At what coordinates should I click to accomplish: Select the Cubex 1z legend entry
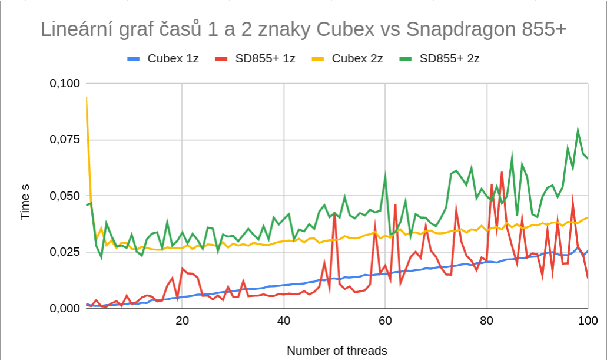(164, 58)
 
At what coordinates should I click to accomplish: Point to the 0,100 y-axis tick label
(64, 84)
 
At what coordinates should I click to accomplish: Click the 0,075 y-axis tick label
(64, 140)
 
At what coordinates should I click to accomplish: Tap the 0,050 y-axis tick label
(64, 196)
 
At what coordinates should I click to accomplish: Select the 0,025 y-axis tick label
(64, 252)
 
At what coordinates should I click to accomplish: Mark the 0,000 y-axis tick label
(64, 308)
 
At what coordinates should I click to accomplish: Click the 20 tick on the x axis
(182, 321)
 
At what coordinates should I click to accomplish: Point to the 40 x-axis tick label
(284, 321)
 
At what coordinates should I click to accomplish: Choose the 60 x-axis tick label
(385, 321)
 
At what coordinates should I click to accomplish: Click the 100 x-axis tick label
(588, 321)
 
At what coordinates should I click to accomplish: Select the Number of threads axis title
(337, 351)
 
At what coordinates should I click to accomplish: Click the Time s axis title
(25, 202)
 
